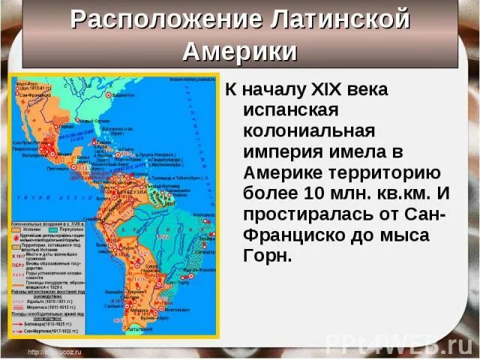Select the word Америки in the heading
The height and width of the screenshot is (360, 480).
click(x=240, y=52)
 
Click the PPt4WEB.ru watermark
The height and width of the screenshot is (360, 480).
click(x=397, y=345)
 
